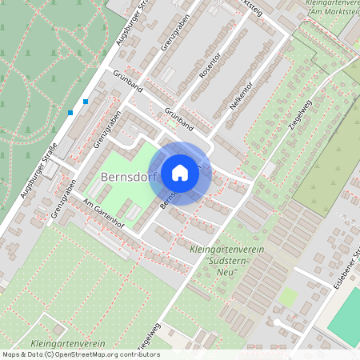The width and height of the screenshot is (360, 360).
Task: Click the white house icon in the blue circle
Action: [180, 173]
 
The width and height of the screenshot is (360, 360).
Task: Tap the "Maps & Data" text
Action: [21, 354]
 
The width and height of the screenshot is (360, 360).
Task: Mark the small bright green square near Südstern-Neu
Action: [288, 297]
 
